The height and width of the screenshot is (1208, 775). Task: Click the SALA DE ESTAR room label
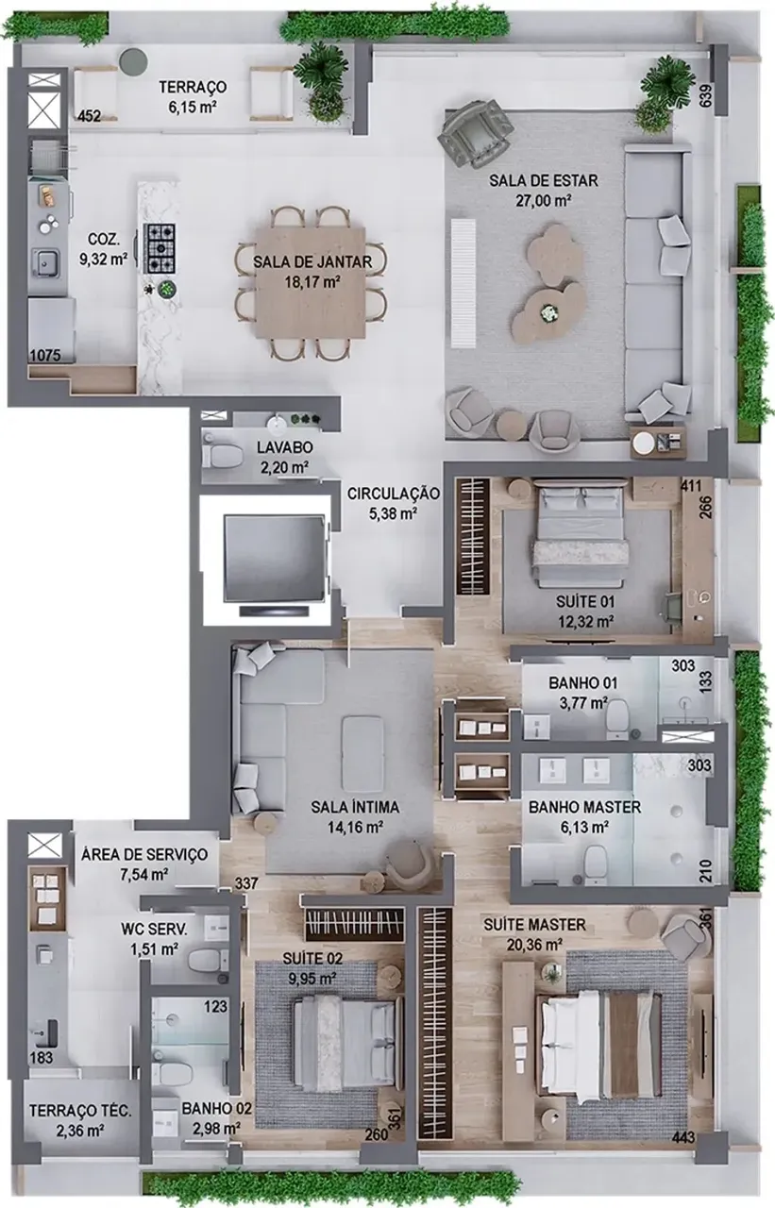click(543, 180)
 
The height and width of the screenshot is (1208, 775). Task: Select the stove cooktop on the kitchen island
click(159, 245)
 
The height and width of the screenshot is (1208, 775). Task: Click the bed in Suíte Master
click(601, 1043)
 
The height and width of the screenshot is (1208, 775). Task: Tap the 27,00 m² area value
click(543, 200)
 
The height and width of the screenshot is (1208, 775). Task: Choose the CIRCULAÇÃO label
click(393, 493)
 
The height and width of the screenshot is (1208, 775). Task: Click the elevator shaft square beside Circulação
click(265, 558)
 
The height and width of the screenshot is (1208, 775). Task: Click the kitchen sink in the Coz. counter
click(43, 260)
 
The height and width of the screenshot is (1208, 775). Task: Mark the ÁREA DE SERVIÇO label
click(143, 855)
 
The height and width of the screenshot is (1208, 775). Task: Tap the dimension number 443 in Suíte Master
click(685, 1139)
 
